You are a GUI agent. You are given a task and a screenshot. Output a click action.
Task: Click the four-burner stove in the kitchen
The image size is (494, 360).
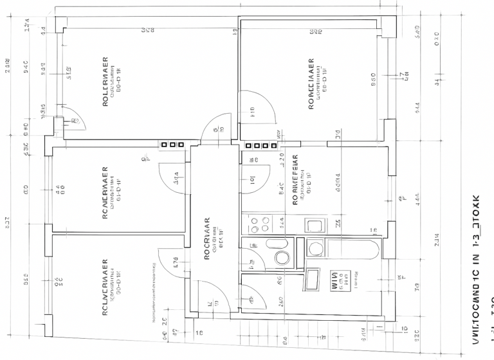[x=259, y=225]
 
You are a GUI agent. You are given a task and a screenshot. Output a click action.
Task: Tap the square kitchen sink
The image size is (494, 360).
[x=315, y=226]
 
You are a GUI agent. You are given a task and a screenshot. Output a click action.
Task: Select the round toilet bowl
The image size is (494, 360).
[x=282, y=258]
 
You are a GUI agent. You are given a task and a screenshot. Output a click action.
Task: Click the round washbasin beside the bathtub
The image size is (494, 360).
[x=315, y=248]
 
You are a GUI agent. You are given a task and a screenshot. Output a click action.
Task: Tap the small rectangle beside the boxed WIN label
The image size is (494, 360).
[x=313, y=280]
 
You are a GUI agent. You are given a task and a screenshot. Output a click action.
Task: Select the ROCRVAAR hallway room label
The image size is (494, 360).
[x=207, y=238]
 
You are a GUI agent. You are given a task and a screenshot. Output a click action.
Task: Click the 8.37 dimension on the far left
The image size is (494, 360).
[x=7, y=222]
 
